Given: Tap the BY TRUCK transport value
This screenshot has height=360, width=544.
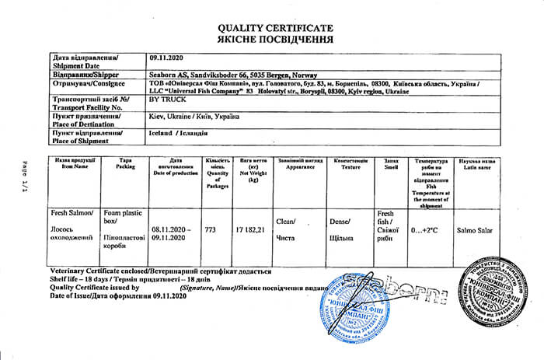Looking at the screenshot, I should click(x=165, y=101).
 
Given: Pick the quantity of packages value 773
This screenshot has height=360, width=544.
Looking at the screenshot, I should click(x=209, y=230).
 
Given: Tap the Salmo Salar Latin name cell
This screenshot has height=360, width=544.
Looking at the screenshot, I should click(x=474, y=230).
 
